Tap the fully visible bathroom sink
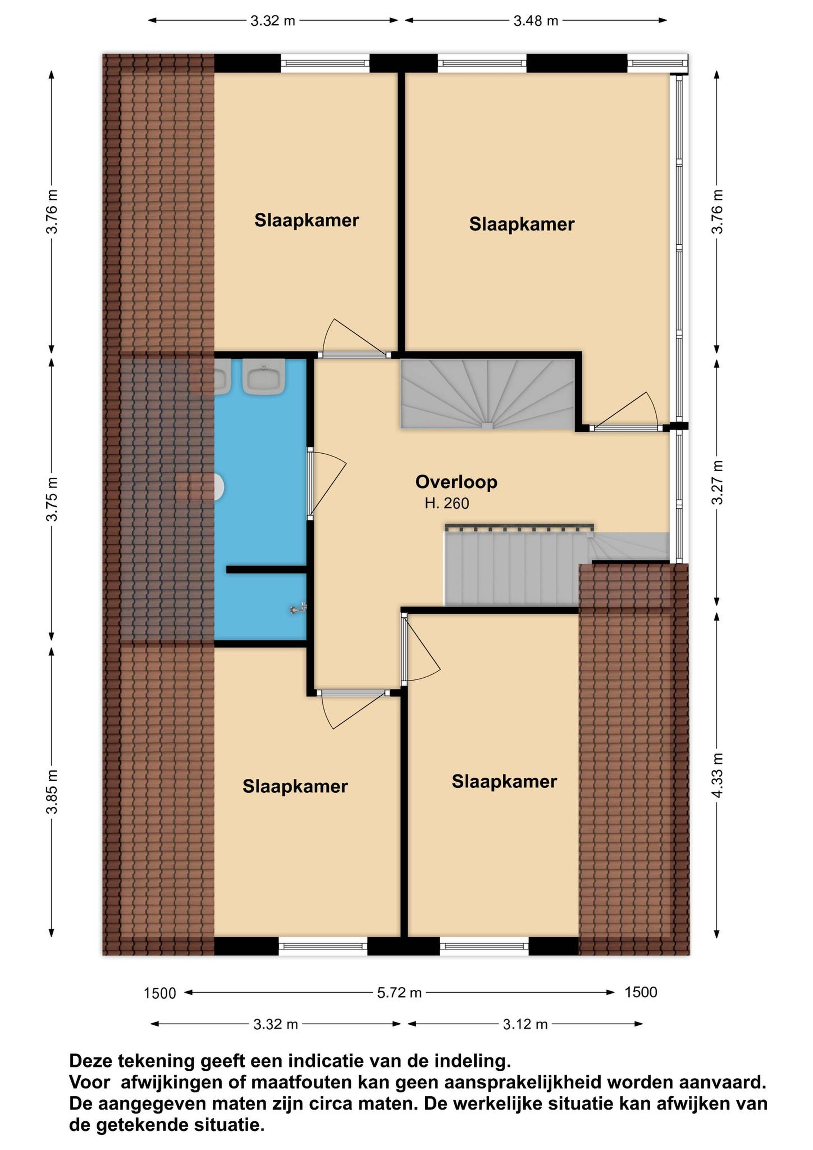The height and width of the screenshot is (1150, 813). point(264,377)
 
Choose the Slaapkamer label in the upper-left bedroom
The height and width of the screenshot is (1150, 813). point(307,220)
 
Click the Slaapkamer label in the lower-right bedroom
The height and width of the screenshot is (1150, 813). point(504,781)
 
